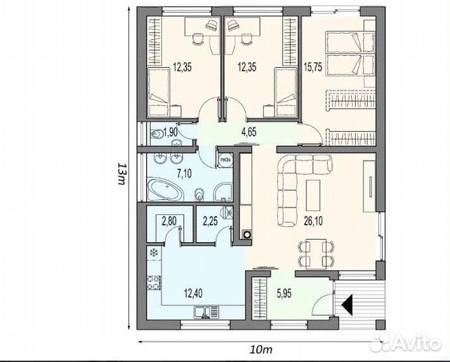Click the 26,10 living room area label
(x=313, y=221)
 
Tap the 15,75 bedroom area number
(x=313, y=67)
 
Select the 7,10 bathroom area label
(x=184, y=173)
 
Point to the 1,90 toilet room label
(x=170, y=133)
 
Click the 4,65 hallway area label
(x=249, y=132)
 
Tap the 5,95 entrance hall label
(x=284, y=293)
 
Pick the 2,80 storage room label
(x=169, y=221)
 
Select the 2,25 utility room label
(x=210, y=221)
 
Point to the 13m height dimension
(x=122, y=174)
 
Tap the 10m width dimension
(x=261, y=350)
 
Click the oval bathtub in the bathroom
(x=164, y=190)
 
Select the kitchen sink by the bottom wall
(x=207, y=311)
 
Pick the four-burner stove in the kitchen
(x=154, y=283)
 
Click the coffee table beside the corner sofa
(x=313, y=195)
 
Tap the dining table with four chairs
(x=317, y=253)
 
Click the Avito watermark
(x=406, y=342)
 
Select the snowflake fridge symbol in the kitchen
(x=154, y=253)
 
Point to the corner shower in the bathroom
(x=222, y=192)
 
